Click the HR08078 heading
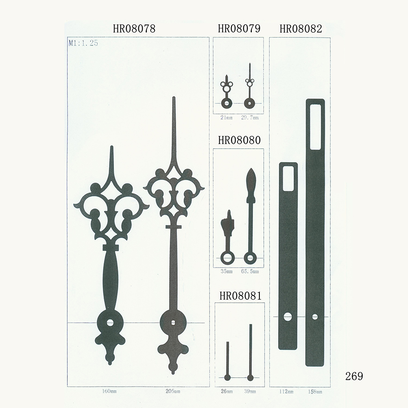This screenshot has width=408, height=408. [134, 29]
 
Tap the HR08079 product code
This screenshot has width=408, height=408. [239, 29]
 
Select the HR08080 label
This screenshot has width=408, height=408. [239, 140]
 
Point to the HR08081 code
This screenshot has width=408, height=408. [240, 296]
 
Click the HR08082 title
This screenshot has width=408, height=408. [301, 29]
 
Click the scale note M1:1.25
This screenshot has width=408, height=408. [83, 43]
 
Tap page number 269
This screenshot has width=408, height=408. [354, 376]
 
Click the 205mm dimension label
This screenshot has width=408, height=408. [173, 391]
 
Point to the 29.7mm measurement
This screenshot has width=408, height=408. [250, 118]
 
